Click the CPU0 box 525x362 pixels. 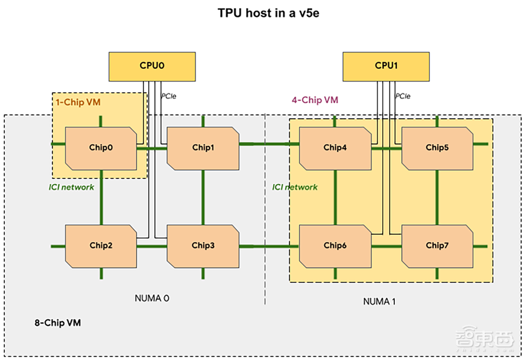(x=152, y=66)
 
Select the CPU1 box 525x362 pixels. (x=387, y=66)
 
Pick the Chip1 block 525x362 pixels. (x=203, y=147)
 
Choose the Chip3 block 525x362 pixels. (x=203, y=245)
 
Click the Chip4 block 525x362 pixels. (x=335, y=147)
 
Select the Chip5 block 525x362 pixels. (x=437, y=147)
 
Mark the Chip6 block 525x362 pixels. (x=335, y=245)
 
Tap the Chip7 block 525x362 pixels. (x=437, y=245)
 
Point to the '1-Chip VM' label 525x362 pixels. (x=78, y=102)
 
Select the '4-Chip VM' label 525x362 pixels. (x=314, y=100)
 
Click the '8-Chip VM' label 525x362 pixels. (x=54, y=323)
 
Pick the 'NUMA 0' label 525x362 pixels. (x=152, y=299)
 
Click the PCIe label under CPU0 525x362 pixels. (x=168, y=97)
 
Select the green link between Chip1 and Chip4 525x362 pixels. (x=265, y=143)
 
